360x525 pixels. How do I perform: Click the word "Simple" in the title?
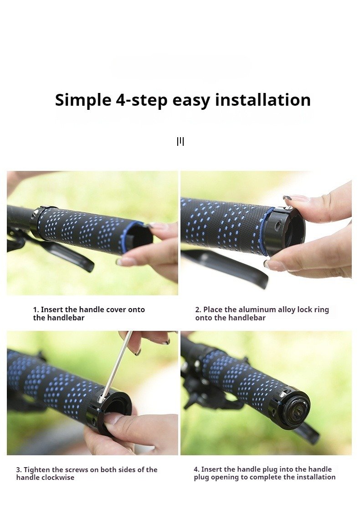tap(83, 100)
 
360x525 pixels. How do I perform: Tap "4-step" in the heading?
tap(142, 100)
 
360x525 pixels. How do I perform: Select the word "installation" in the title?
tap(263, 99)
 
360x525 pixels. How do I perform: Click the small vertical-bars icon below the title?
tap(180, 142)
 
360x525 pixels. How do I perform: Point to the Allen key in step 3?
tap(116, 365)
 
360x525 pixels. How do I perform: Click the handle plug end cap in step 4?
tap(295, 410)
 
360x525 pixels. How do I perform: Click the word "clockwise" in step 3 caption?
tap(58, 478)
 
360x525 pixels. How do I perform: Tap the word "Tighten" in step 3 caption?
tap(37, 470)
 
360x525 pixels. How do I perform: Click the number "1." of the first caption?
tap(36, 310)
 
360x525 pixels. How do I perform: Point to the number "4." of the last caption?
tap(196, 469)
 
